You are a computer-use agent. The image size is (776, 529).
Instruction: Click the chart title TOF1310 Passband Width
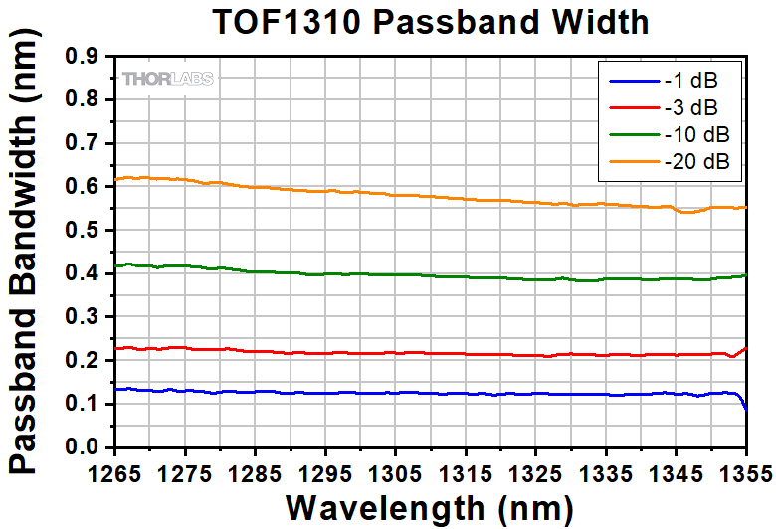click(430, 22)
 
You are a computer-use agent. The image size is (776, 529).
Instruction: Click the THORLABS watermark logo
click(167, 79)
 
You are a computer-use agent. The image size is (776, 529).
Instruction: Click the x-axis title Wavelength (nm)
click(430, 506)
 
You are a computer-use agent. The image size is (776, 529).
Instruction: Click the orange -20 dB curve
click(398, 195)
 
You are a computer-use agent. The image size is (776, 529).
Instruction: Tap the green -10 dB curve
click(398, 274)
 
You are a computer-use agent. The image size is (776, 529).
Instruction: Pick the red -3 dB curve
click(398, 353)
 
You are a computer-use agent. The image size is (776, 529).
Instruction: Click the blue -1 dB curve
click(398, 393)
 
